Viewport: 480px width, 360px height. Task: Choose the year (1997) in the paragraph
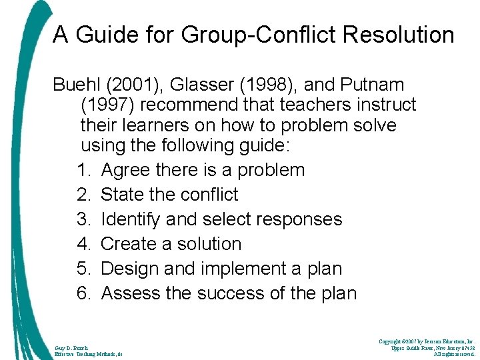click(x=108, y=105)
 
